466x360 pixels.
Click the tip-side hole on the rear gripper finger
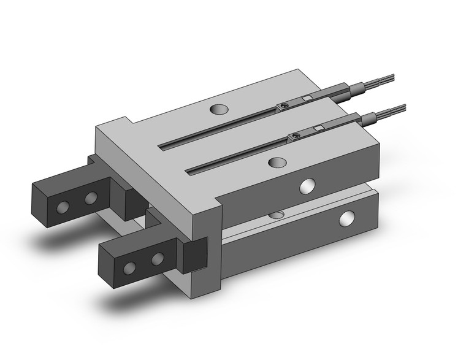coord(62,206)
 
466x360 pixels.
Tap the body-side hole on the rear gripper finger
coord(91,197)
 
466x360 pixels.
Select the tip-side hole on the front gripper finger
coord(130,267)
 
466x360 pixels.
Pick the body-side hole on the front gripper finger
coord(158,259)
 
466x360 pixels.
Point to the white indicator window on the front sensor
coord(318,127)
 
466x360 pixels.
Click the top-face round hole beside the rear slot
coord(218,110)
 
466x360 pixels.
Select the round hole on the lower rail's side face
coord(349,217)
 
